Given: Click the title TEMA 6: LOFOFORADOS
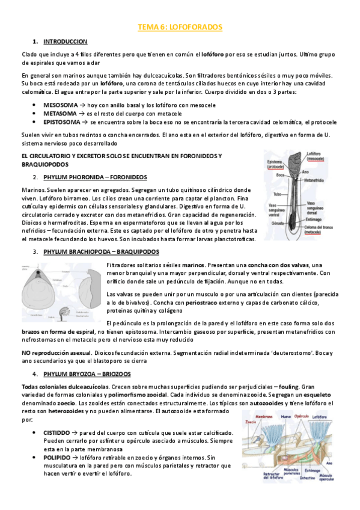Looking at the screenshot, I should (x=180, y=28).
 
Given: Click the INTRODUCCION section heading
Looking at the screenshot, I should (x=66, y=41).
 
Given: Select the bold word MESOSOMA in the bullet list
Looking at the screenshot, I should (x=60, y=105).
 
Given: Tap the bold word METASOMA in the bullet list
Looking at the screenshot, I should (x=59, y=113).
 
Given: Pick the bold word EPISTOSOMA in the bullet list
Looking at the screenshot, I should (x=62, y=121).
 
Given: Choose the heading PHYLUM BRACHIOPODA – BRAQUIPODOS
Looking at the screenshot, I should (x=102, y=251).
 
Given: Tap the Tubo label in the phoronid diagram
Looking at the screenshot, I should (x=277, y=194).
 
